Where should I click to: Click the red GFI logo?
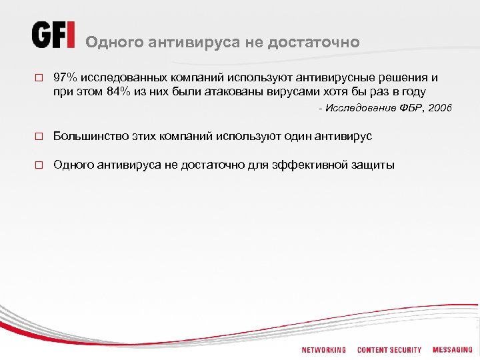point(53,35)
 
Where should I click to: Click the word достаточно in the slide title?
point(313,42)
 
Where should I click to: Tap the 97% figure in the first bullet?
point(65,77)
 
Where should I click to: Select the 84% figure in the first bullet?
point(118,91)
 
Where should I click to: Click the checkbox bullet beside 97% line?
point(39,78)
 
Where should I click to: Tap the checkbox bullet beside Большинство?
point(39,137)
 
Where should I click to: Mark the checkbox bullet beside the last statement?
point(39,165)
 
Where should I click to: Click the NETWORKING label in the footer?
point(324,350)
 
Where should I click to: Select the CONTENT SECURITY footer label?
point(389,350)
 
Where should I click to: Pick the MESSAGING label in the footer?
point(452,350)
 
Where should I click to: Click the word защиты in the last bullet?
point(371,165)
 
